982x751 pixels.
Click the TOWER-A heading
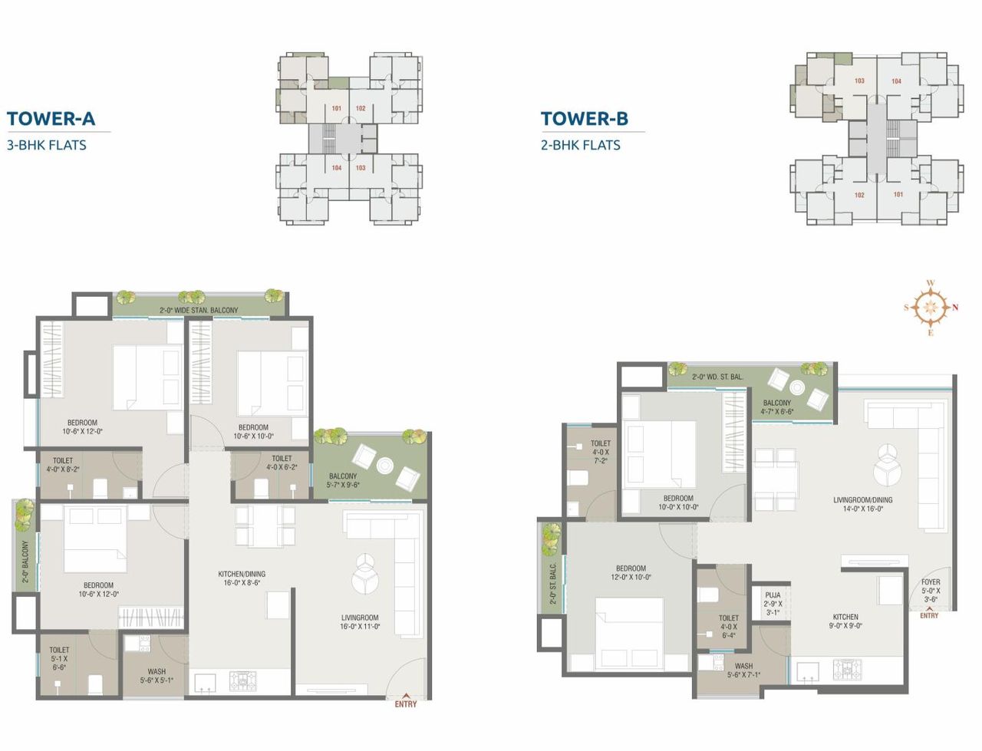point(51,118)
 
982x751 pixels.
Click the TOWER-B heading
point(584,118)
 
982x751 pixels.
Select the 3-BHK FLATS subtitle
point(46,145)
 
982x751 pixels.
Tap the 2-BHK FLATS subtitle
point(580,145)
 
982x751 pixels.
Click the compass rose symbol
point(930,308)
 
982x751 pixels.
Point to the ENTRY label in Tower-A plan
point(406,704)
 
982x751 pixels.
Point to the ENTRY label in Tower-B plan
point(929,615)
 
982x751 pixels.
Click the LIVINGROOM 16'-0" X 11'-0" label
point(360,621)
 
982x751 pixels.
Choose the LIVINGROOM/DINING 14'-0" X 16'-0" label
point(862,504)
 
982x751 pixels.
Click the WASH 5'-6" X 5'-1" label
point(157,676)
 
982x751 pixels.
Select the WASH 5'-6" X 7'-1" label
point(743,670)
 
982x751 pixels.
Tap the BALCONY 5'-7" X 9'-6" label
point(343,480)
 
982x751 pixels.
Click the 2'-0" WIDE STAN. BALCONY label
point(199,310)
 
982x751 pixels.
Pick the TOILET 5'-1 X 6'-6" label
point(59,658)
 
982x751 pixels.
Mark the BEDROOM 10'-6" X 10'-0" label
point(253,432)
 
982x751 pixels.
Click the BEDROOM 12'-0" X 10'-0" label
point(631,573)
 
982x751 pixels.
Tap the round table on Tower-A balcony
point(384,466)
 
